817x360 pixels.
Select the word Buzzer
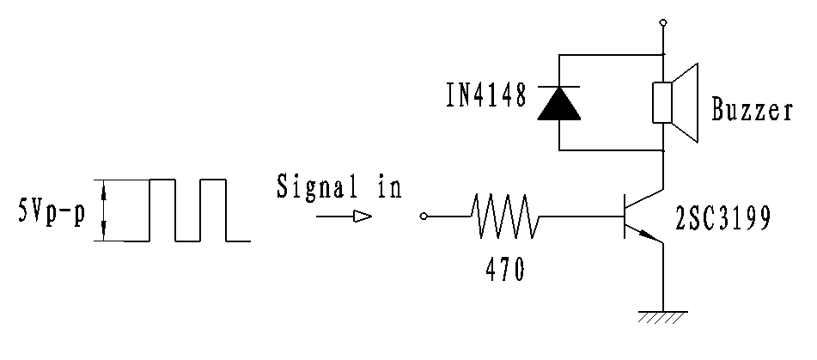(752, 111)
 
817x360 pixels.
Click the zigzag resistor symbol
(505, 217)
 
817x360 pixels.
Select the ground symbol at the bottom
(662, 316)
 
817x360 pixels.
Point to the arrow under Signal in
(343, 217)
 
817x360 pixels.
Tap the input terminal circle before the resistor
(424, 217)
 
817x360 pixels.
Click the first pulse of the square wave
(162, 209)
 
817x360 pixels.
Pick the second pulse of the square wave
(213, 209)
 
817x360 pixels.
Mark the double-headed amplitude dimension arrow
(104, 210)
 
